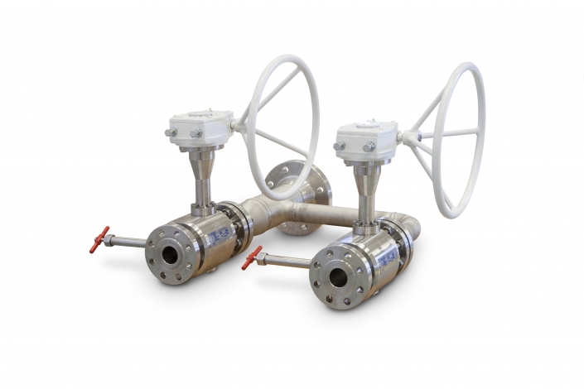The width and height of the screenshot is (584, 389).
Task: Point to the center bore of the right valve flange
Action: point(336,279)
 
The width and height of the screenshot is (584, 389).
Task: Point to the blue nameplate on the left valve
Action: point(216,238)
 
